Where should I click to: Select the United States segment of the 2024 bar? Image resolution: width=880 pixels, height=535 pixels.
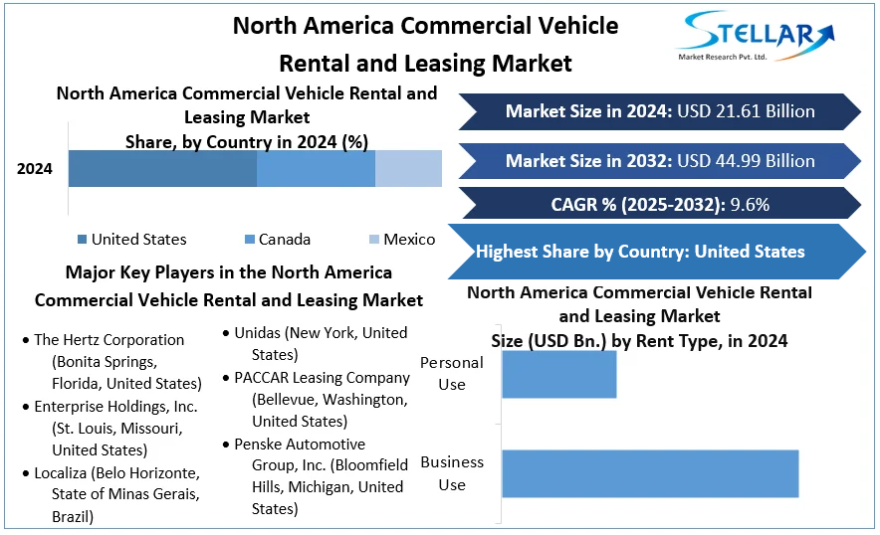(x=162, y=168)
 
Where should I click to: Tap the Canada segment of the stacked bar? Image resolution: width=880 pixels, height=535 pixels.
(x=316, y=168)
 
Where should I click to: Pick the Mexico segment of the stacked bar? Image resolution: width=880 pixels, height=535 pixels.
(x=408, y=168)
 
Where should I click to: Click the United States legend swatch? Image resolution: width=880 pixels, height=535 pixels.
(x=82, y=240)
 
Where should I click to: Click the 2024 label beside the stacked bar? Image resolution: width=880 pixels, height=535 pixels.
(x=35, y=168)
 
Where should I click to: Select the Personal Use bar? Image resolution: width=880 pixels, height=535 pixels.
(x=558, y=374)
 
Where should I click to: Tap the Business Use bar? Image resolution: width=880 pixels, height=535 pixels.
(x=650, y=473)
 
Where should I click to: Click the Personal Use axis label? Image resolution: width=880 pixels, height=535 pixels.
(x=452, y=373)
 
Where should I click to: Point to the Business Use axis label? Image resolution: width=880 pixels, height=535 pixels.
(x=452, y=473)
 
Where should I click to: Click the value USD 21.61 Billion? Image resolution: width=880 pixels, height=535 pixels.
(x=746, y=111)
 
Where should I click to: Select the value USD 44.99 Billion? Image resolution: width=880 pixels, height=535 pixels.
(x=746, y=161)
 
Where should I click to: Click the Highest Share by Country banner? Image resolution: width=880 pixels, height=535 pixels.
(x=641, y=252)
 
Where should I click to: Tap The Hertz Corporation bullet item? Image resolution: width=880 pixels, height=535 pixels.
(x=109, y=340)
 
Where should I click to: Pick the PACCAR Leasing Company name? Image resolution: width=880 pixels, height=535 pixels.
(x=322, y=378)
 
